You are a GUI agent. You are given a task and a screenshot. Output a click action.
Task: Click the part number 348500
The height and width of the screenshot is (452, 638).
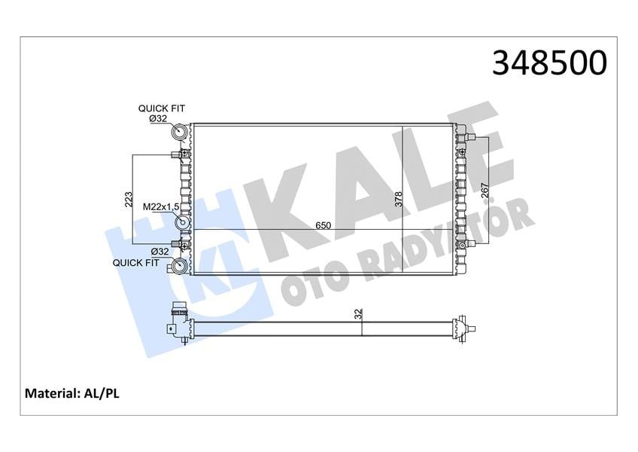pos(549,63)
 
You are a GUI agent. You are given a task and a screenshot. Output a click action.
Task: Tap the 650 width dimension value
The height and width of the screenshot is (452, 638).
pos(323,225)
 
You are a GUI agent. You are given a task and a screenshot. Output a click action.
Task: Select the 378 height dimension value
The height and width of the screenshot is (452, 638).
pos(398,199)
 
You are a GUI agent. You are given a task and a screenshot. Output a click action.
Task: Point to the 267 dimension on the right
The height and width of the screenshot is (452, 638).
pos(485,190)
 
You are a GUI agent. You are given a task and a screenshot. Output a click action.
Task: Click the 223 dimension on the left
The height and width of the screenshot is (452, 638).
pos(128,200)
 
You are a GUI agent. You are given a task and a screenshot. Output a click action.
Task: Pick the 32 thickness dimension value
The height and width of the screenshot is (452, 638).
pos(358,314)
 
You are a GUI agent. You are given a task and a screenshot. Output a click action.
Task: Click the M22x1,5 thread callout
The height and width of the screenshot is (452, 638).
pos(161,207)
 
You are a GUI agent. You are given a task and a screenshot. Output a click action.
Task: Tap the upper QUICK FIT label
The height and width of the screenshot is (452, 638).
pos(162,108)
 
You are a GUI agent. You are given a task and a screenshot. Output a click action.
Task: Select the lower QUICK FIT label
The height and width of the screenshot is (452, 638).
pos(136,263)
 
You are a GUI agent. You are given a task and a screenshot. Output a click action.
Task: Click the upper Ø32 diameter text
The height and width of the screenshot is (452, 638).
pos(158,118)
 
